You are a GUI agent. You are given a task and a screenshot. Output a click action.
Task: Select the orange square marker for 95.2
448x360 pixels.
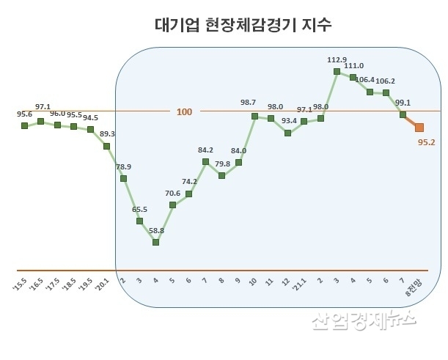(x=419, y=128)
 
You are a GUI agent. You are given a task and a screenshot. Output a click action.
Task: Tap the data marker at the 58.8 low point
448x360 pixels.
(x=156, y=241)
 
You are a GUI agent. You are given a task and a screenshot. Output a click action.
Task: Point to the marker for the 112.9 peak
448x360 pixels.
(x=337, y=71)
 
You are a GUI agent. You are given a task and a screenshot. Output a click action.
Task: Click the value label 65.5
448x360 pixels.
(x=139, y=210)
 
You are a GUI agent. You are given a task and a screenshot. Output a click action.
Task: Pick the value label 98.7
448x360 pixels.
(x=254, y=103)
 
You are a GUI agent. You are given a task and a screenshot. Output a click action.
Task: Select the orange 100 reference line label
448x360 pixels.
(x=184, y=111)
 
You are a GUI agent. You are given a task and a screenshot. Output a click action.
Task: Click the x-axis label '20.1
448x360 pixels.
(x=105, y=281)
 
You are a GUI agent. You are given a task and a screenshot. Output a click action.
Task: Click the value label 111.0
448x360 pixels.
(x=353, y=66)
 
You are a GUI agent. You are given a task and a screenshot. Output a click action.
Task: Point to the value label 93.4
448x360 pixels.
(x=288, y=120)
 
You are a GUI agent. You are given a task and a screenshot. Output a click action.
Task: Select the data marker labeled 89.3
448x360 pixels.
(x=107, y=146)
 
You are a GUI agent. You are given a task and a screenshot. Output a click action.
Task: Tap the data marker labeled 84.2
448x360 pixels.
(x=205, y=161)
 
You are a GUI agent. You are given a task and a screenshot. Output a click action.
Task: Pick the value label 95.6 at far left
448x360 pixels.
(x=24, y=114)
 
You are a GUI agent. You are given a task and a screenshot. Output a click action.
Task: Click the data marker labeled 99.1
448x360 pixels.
(x=403, y=114)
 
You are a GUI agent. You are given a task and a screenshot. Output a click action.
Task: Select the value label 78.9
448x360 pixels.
(x=125, y=167)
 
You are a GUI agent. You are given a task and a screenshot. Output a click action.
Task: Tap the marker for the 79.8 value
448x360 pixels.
(x=221, y=175)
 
